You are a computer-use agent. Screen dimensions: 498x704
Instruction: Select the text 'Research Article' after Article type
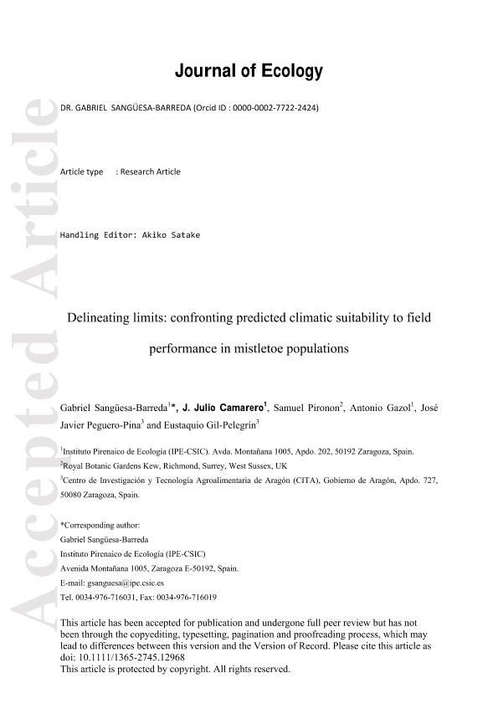[x=150, y=172]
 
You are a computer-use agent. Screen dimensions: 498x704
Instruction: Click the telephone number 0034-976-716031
[x=113, y=598]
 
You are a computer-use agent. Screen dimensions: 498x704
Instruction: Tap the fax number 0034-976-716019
[x=191, y=598]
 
